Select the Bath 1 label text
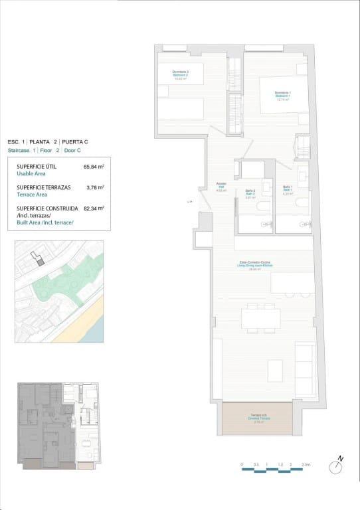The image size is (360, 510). [x=288, y=190]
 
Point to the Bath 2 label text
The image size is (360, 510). [x=250, y=193]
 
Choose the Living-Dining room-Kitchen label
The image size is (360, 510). [x=256, y=264]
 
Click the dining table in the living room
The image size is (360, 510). [x=260, y=319]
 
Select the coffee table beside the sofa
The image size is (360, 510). [x=275, y=368]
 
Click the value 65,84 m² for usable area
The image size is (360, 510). [x=94, y=168]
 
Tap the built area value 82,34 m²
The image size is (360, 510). [x=94, y=209]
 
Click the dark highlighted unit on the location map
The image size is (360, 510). [x=41, y=262]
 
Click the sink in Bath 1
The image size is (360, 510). [x=301, y=175]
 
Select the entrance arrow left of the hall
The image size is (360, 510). [x=190, y=201]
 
